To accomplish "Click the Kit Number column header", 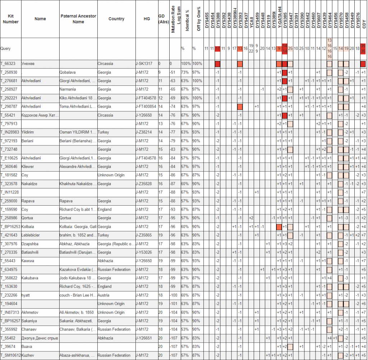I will (x=10, y=19).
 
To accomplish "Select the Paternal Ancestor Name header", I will (x=78, y=19).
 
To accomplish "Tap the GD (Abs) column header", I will (x=164, y=19).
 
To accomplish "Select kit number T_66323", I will (x=8, y=64).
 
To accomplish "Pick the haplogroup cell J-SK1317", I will (x=144, y=64).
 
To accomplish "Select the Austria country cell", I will (x=104, y=295).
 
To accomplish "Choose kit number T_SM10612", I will (x=10, y=355).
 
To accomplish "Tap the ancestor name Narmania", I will (x=68, y=89).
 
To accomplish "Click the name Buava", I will (x=27, y=347).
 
